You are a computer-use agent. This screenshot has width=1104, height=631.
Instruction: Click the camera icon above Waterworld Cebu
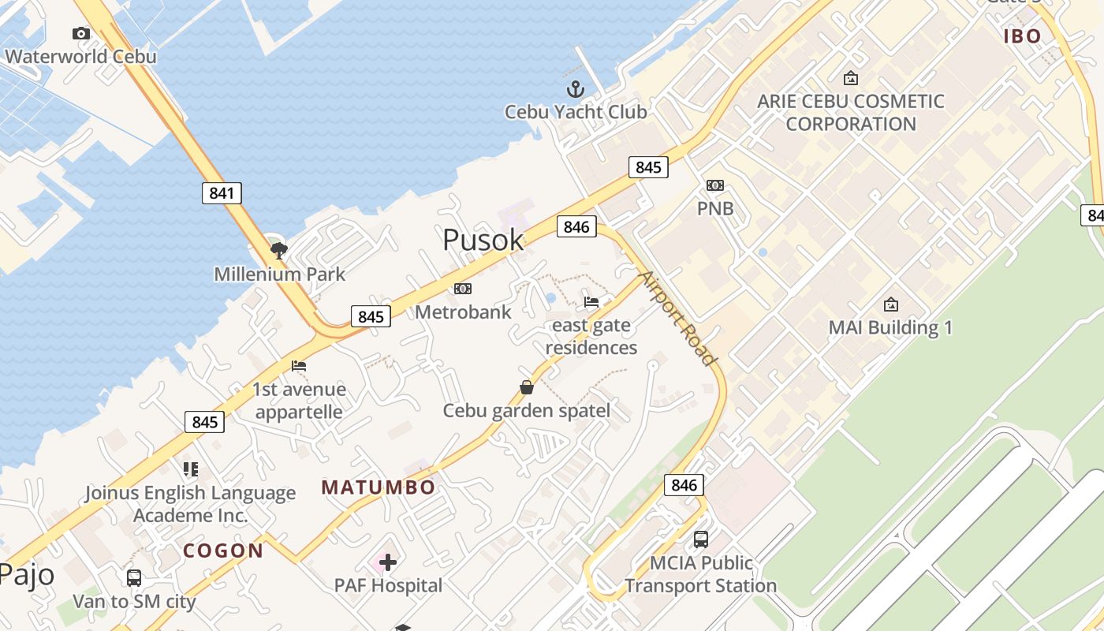[80, 33]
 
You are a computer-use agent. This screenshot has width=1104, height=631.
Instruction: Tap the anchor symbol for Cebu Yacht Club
[575, 88]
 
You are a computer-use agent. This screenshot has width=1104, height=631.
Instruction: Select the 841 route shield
[222, 192]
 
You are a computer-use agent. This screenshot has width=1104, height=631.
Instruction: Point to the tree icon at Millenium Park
[278, 251]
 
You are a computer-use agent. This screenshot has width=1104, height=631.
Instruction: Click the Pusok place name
[483, 240]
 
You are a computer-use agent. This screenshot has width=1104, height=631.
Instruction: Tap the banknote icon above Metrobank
[463, 289]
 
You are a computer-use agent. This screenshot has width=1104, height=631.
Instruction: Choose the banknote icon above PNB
[715, 185]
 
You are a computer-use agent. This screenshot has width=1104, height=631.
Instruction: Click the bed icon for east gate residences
[591, 301]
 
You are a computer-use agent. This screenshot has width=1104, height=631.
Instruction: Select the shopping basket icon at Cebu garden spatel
[527, 387]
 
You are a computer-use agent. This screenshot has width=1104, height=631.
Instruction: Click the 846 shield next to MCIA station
[684, 484]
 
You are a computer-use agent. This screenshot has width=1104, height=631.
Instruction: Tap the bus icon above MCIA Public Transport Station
[701, 540]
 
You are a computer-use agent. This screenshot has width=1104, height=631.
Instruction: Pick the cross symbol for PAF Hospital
[387, 562]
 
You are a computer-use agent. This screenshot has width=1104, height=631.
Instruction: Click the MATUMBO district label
[379, 487]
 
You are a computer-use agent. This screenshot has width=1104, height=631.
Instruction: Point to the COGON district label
[223, 551]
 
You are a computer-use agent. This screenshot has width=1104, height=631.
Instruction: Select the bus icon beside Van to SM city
[134, 577]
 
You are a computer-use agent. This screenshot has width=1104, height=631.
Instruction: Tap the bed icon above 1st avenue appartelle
[299, 366]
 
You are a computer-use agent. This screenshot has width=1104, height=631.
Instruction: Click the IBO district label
[1023, 35]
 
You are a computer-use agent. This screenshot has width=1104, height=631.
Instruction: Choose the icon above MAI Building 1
[891, 304]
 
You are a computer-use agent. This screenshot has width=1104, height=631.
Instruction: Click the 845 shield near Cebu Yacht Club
[648, 166]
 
